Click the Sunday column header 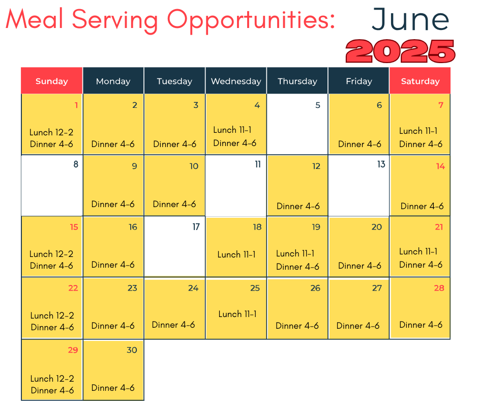(52, 80)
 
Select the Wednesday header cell (236, 80)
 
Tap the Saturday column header (420, 80)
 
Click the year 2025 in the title (400, 51)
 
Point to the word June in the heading (410, 19)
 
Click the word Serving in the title (115, 20)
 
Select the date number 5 (318, 105)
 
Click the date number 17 (196, 227)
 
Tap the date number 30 (132, 350)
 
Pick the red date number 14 (440, 166)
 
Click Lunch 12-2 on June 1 (51, 132)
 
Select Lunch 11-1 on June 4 (232, 130)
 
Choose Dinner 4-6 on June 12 (298, 206)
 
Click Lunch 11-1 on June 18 (236, 254)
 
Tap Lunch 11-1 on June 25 (237, 313)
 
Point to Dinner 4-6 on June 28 (421, 324)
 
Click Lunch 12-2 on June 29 (52, 379)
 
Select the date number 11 (258, 164)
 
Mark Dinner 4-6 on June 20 (360, 266)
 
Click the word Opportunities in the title (251, 20)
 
